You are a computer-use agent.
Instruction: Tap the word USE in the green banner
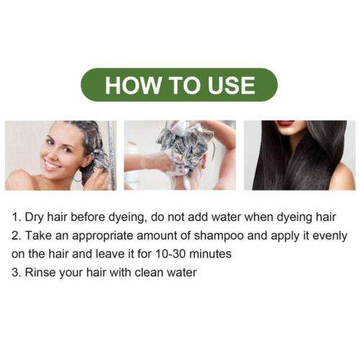tap(231, 85)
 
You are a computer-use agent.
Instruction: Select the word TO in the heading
tap(184, 85)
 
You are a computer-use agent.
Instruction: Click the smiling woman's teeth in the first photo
tap(51, 165)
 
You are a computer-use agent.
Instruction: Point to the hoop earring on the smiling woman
tap(78, 178)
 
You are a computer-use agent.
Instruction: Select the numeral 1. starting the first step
tap(17, 217)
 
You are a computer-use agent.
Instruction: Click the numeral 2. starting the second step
tap(17, 235)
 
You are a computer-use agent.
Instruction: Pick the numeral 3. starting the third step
tap(17, 272)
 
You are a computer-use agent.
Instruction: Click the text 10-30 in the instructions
tap(171, 254)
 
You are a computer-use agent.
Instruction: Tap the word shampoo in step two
tap(219, 236)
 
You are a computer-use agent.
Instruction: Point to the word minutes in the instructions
tap(210, 254)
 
